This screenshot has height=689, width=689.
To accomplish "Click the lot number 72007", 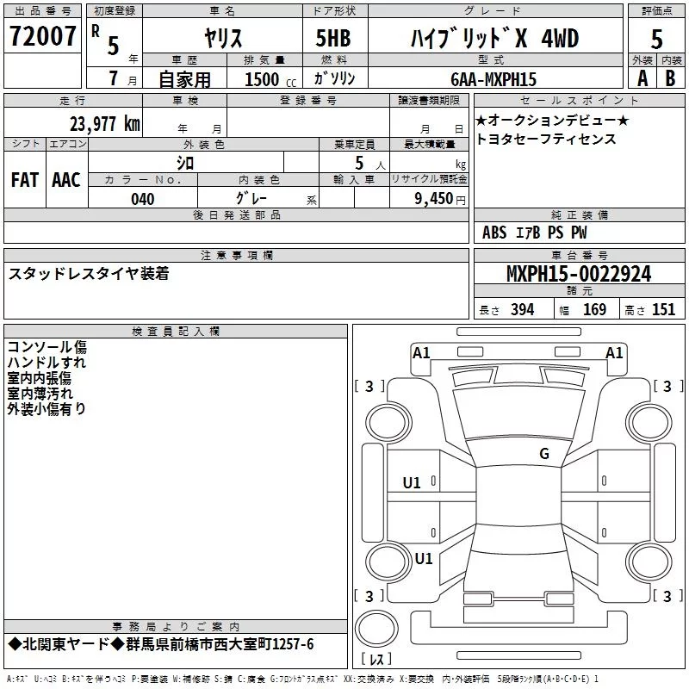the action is point(42,36).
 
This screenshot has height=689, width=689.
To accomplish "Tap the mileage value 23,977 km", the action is point(105,124).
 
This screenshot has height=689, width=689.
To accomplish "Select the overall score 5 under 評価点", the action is point(656,39).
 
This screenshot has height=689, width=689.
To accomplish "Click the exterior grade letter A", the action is point(642,78).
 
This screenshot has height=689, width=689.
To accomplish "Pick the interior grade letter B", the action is point(670,78).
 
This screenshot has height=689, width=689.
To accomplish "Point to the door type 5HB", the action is point(333,38).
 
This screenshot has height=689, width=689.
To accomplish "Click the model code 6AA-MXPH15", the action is point(493,79).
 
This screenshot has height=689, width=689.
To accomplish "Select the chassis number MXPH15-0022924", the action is point(579,274).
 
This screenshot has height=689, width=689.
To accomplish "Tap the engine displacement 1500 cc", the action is point(270,79).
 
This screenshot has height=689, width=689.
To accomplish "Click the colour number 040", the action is point(143,199).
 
